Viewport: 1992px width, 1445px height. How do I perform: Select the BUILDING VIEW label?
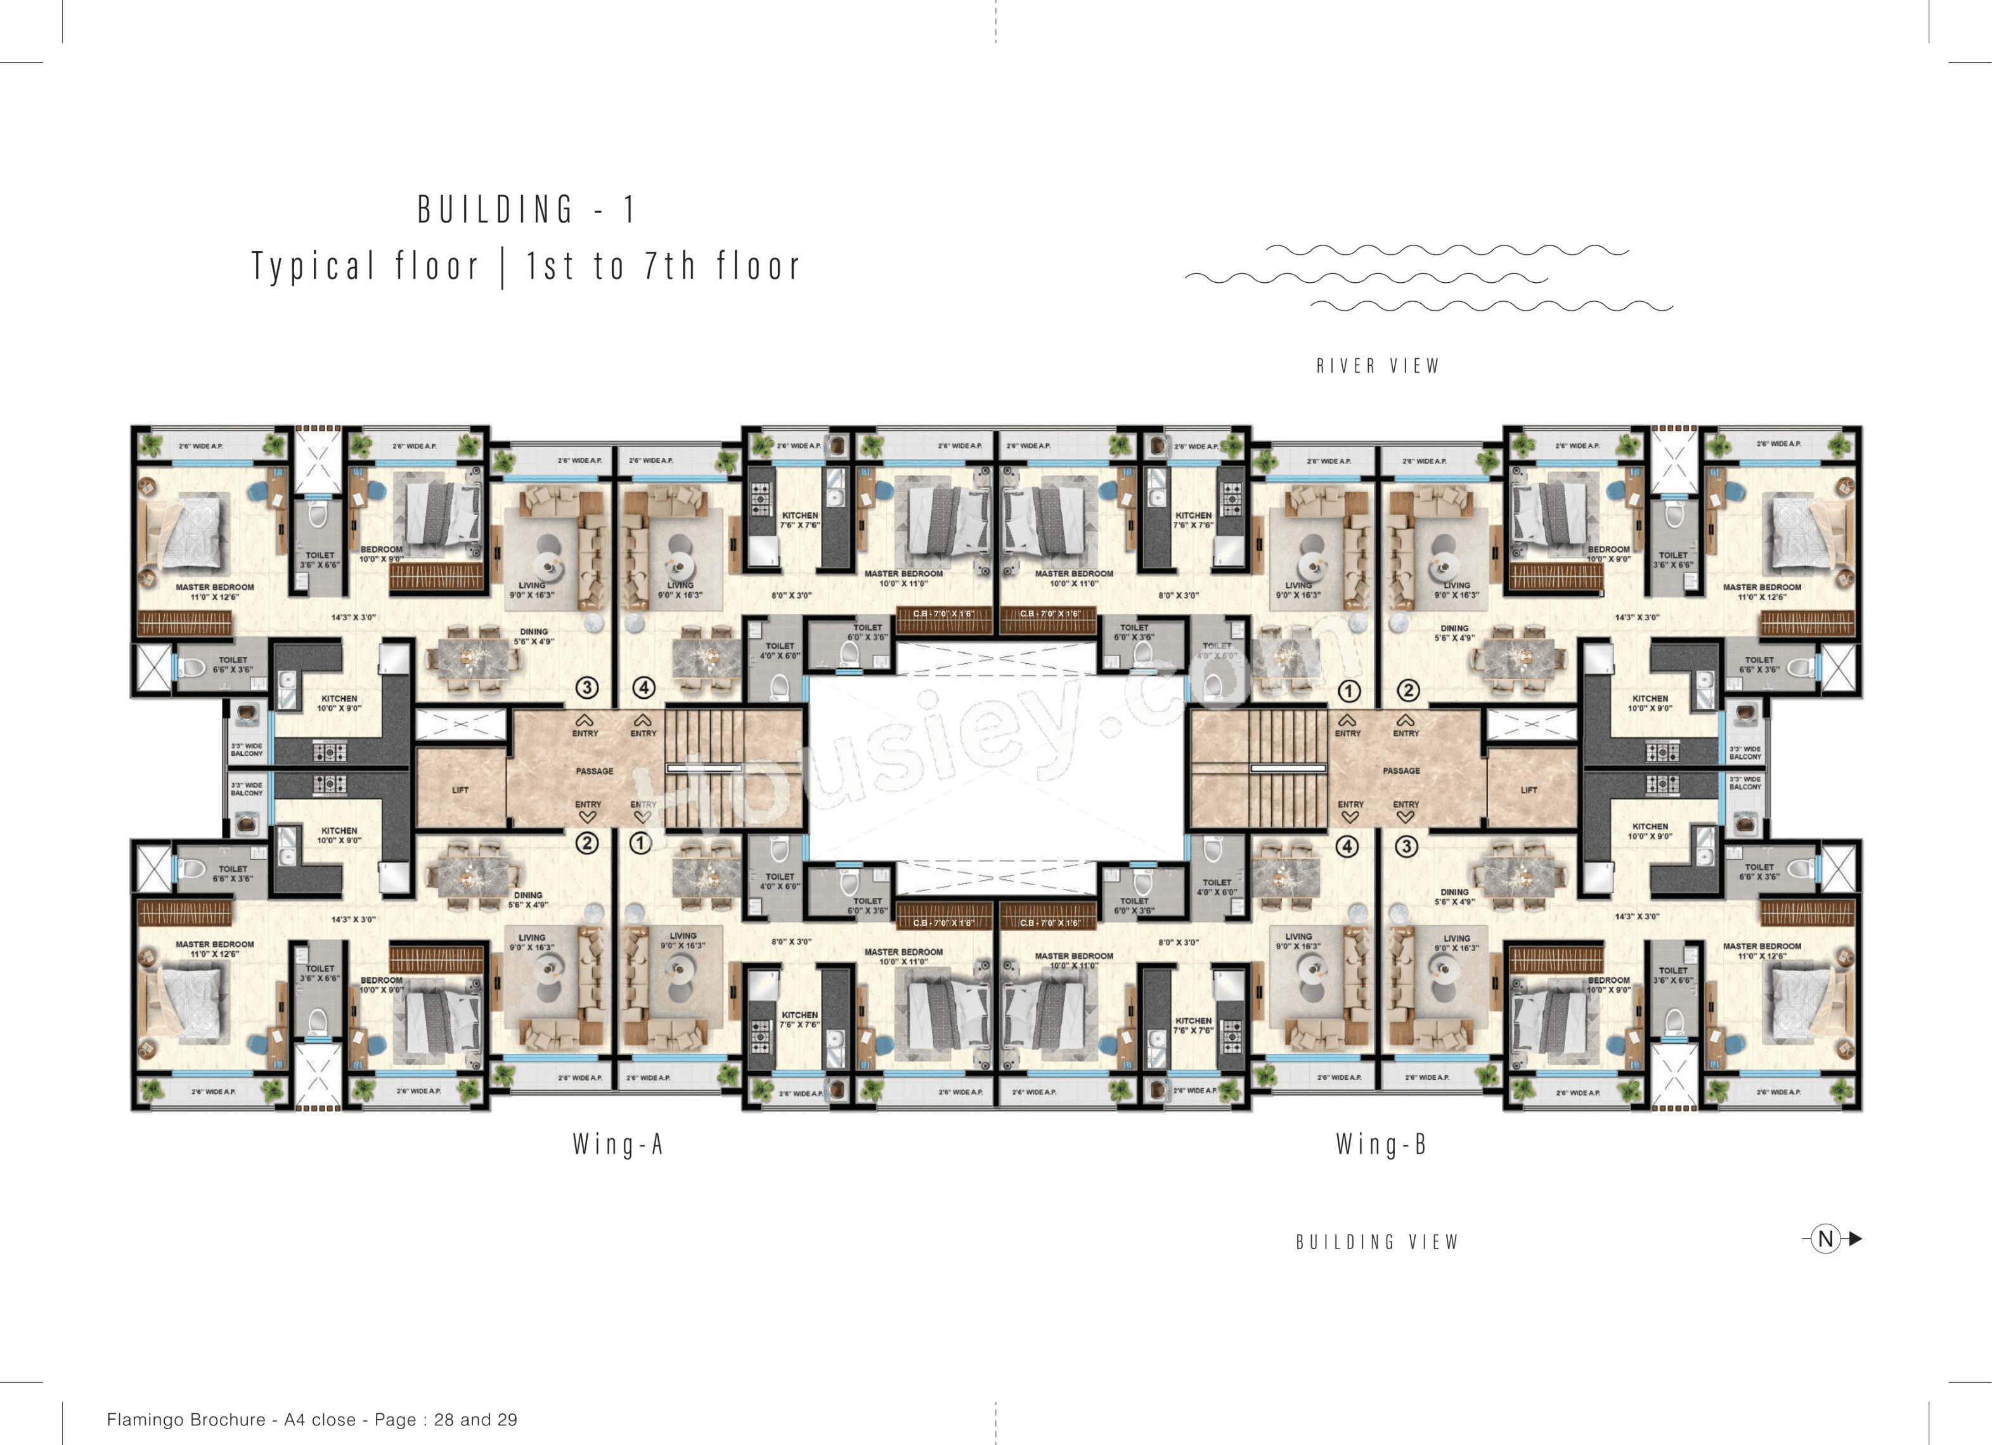point(1377,1241)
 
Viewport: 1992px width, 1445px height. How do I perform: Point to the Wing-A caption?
point(618,1144)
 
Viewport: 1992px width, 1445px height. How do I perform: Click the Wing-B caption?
point(1381,1144)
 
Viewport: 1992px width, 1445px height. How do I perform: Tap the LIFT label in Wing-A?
point(460,789)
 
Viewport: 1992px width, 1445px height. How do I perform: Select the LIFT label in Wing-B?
point(1529,789)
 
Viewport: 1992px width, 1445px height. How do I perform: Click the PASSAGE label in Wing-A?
point(595,771)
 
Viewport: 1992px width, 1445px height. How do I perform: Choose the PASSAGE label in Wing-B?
point(1401,770)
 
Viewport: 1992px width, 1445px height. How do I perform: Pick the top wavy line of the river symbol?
point(1447,250)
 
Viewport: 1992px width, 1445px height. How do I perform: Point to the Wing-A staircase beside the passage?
point(702,768)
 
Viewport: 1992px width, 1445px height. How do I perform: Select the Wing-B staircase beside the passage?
point(1288,768)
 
